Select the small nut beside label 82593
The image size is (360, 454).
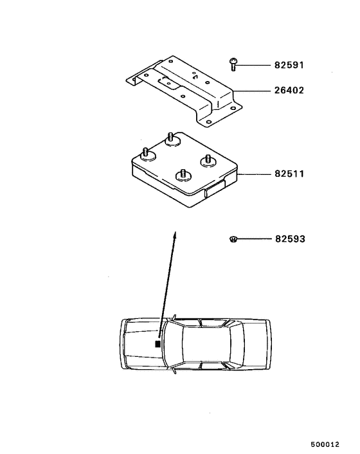233,239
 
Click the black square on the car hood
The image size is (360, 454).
157,345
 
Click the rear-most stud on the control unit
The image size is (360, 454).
171,138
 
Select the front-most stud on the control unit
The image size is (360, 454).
183,174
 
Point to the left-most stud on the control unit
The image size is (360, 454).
145,153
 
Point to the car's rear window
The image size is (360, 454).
234,344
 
